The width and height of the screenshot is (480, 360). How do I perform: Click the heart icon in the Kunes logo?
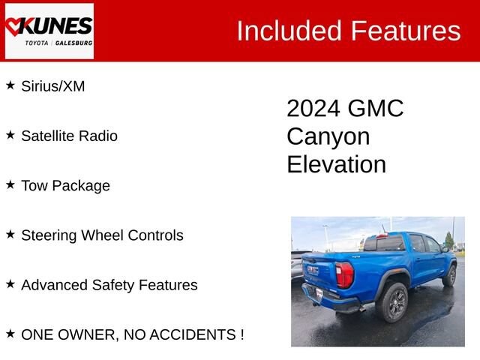click(13, 27)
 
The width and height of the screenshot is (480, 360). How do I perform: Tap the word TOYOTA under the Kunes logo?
click(37, 43)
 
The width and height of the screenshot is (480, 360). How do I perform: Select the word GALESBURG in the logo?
click(73, 43)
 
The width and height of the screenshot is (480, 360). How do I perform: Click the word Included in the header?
click(289, 31)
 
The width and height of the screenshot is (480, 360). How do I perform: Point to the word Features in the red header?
click(406, 31)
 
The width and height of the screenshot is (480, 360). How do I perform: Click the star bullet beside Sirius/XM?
click(10, 85)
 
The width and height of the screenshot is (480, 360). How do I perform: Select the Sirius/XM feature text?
click(53, 86)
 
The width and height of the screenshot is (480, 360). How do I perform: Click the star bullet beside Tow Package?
click(10, 184)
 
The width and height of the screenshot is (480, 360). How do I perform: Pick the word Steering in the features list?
click(49, 235)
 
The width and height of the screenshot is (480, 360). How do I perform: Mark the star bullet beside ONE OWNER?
click(10, 334)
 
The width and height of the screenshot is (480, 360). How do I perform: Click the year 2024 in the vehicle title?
click(313, 108)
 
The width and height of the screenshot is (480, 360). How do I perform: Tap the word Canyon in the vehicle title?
click(328, 136)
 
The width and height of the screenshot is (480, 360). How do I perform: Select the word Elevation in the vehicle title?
click(337, 164)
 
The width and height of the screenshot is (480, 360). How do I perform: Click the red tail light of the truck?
click(345, 275)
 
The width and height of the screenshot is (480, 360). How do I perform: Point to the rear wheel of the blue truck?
click(394, 302)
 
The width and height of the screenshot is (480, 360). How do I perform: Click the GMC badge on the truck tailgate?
click(313, 270)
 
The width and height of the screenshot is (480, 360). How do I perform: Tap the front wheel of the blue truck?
click(450, 276)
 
